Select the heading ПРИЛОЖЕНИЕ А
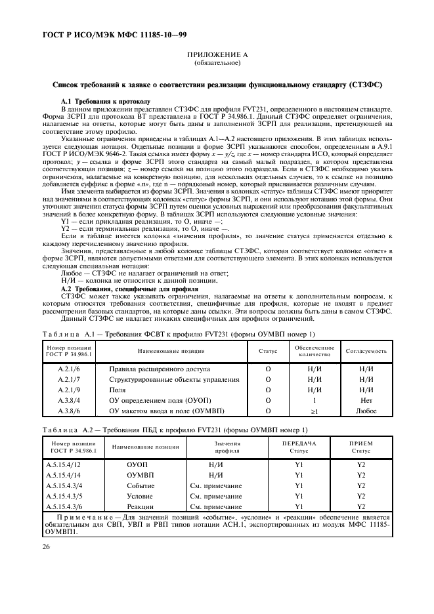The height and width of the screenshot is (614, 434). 217,57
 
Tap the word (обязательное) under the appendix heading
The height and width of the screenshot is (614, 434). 217,64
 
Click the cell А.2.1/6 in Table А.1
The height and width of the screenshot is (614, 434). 68,369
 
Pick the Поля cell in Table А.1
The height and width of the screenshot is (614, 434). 118,390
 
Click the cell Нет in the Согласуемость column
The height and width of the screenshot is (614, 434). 366,400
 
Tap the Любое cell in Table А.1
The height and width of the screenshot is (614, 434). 366,411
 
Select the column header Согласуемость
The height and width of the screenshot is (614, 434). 366,351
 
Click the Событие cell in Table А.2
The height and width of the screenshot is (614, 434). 141,485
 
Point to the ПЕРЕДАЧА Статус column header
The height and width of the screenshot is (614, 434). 298,447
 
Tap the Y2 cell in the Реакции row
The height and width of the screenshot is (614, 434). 360,506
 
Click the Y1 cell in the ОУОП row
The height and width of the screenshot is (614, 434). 298,464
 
